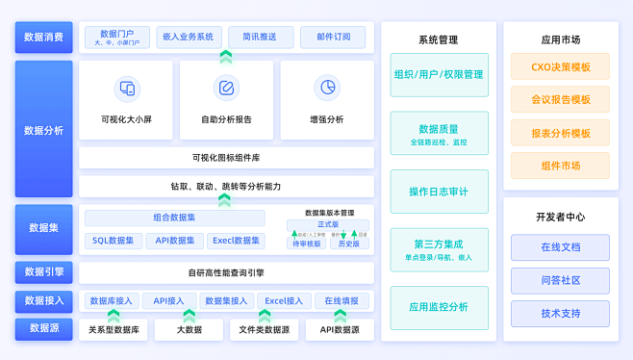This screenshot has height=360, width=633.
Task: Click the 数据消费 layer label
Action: tap(44, 38)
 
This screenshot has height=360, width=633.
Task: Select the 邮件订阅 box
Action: tap(333, 38)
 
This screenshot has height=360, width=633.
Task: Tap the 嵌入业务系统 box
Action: tap(188, 38)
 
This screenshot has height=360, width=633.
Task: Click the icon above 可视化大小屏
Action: tap(126, 89)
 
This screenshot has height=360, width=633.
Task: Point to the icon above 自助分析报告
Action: tap(226, 89)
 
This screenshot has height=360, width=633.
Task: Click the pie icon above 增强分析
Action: tap(327, 89)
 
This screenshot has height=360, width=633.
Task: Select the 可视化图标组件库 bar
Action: tap(226, 157)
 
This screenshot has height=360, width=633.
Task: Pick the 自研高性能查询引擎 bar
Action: tap(226, 272)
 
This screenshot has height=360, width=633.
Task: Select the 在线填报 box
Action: tap(341, 301)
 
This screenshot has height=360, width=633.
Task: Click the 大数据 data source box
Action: tap(190, 330)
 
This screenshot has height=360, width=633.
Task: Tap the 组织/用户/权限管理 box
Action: tap(439, 74)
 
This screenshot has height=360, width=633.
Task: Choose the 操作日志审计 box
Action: tap(439, 192)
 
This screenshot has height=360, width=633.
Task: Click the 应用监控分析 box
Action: tap(439, 307)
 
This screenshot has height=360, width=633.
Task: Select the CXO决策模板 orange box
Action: tap(561, 67)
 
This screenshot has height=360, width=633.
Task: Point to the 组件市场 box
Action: tap(561, 166)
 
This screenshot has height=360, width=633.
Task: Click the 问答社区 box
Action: tap(561, 281)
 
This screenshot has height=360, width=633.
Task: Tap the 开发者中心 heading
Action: tap(561, 217)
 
